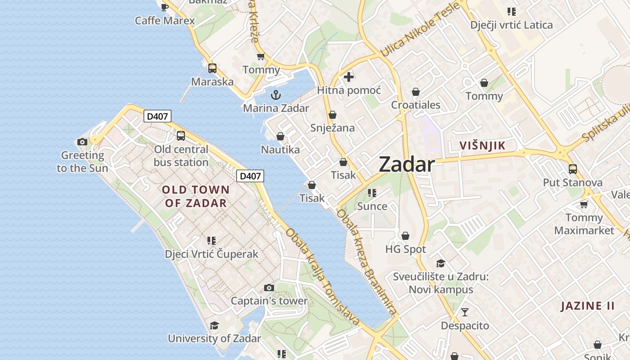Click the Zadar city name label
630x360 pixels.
pyautogui.click(x=407, y=165)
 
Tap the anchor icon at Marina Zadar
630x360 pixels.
pyautogui.click(x=275, y=95)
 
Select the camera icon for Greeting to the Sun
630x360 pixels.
pyautogui.click(x=82, y=142)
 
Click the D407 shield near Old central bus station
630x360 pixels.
pyautogui.click(x=157, y=117)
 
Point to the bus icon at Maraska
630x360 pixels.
pyautogui.click(x=212, y=68)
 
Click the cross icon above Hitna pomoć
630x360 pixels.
pyautogui.click(x=348, y=77)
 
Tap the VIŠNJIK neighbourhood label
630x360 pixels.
pyautogui.click(x=482, y=146)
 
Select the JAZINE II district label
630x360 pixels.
pyautogui.click(x=587, y=306)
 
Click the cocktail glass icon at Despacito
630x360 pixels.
pyautogui.click(x=465, y=312)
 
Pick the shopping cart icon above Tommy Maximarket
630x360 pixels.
pyautogui.click(x=584, y=205)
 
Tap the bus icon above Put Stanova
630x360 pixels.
pyautogui.click(x=572, y=169)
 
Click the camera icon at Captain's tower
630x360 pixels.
pyautogui.click(x=269, y=288)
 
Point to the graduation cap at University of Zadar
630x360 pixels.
pyautogui.click(x=214, y=325)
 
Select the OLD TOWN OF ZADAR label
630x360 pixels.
pyautogui.click(x=196, y=196)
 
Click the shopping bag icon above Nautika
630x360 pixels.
pyautogui.click(x=280, y=136)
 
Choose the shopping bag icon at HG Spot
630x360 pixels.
pyautogui.click(x=405, y=236)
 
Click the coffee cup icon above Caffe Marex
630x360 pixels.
pyautogui.click(x=165, y=7)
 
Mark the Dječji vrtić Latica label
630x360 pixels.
pyautogui.click(x=511, y=25)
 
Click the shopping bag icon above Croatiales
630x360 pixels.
pyautogui.click(x=416, y=92)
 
